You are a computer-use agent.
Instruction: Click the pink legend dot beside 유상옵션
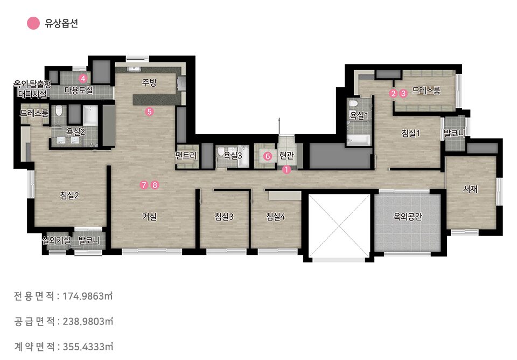coord(33,23)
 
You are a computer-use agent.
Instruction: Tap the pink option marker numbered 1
coord(287,170)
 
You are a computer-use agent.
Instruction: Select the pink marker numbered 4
coord(83,79)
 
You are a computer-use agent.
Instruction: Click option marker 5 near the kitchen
coord(149,112)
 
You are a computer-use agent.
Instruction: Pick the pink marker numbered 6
coord(268,156)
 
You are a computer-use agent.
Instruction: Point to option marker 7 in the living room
coord(144,185)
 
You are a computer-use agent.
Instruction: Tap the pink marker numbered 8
coord(155,185)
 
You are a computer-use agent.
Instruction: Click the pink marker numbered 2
coord(393,93)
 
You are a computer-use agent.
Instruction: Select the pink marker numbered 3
coord(403,93)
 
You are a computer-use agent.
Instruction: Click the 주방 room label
coord(149,82)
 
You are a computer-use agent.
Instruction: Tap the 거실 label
coord(149,217)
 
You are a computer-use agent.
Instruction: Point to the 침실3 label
coord(224,217)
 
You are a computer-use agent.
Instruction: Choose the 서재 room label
coord(470,189)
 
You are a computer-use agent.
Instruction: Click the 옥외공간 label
coord(408,217)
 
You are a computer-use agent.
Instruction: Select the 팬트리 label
coord(186,155)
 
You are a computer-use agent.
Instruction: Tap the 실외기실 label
coord(56,240)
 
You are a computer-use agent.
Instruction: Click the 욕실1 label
coord(359,115)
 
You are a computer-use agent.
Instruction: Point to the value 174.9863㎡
coord(88,296)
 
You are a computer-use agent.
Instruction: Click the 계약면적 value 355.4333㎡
coord(88,347)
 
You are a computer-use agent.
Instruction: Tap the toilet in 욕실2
coord(59,111)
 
